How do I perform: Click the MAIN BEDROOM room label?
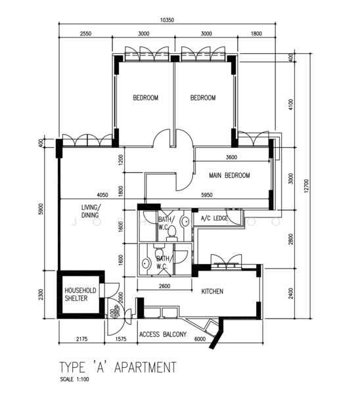229,176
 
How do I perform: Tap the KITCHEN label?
212,291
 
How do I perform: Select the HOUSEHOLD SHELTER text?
80,295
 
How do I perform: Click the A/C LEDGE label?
214,218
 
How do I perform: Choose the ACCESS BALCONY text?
163,335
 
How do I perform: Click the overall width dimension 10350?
168,20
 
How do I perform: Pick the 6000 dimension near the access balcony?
200,339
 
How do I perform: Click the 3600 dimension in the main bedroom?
231,158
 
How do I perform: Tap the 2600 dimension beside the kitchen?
164,286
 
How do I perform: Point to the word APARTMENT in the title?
145,366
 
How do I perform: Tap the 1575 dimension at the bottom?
121,339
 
